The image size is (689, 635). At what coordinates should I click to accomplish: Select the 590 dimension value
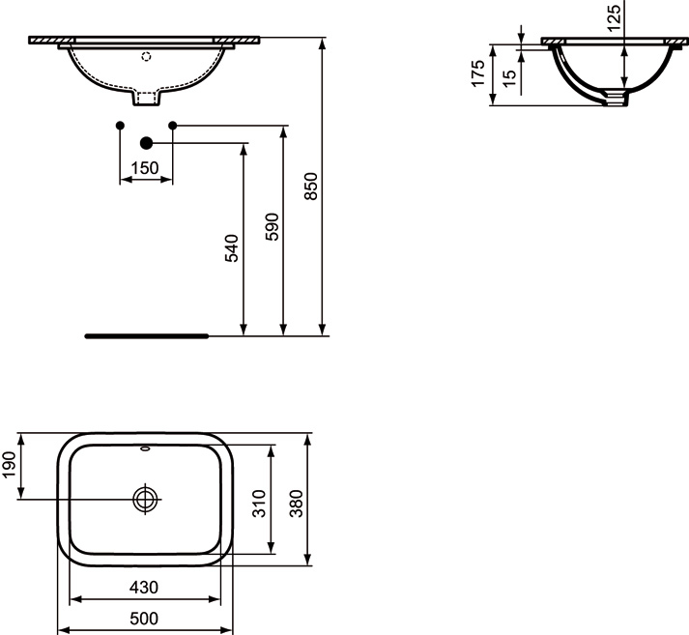click(x=272, y=225)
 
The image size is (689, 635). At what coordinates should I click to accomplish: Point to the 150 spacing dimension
click(x=145, y=167)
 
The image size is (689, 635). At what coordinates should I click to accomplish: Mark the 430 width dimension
click(x=144, y=587)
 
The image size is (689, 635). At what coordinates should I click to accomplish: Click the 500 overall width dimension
click(x=144, y=618)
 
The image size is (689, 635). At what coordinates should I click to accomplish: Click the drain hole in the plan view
click(x=145, y=499)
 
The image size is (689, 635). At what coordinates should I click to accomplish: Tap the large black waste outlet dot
click(x=146, y=143)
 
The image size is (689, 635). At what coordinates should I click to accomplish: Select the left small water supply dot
click(x=119, y=126)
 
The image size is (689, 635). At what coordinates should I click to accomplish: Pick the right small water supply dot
click(x=173, y=126)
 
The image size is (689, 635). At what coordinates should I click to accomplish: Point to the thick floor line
click(x=146, y=336)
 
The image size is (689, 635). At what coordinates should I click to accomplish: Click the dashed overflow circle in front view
click(x=146, y=57)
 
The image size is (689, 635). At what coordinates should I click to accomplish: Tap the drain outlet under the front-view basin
click(x=146, y=98)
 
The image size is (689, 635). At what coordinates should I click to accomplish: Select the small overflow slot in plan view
click(x=145, y=448)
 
